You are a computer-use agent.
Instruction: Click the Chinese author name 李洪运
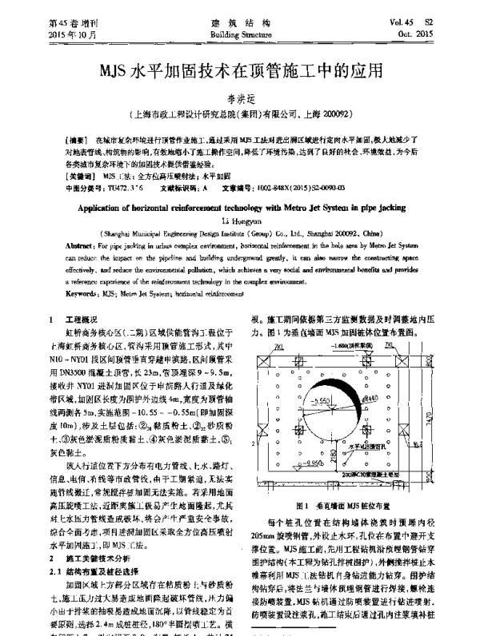241,97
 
